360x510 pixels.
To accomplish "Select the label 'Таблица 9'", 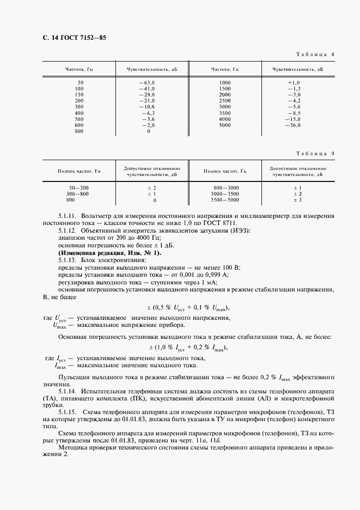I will point(315,154).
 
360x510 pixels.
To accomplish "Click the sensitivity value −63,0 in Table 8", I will point(147,82).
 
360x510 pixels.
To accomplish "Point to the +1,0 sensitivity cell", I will point(294,82).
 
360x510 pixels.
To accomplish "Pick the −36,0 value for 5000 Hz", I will point(292,125).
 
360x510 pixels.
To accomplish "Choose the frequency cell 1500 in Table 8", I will point(225,88).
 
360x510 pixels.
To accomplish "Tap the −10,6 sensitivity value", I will point(148,107).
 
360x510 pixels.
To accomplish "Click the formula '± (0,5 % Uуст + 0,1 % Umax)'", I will point(189,306).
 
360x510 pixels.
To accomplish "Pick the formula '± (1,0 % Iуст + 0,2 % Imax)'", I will point(188,348).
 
